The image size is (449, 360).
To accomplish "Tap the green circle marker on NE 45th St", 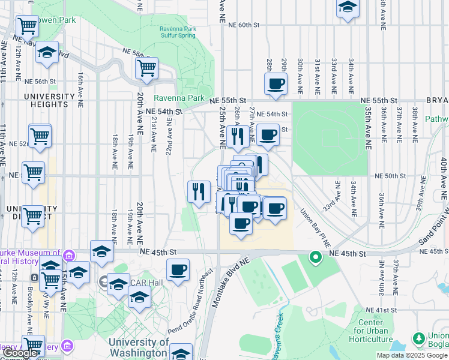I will [315, 258].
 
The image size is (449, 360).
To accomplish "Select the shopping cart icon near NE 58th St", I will [146, 68].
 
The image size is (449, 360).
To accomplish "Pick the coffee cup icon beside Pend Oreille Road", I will [178, 269].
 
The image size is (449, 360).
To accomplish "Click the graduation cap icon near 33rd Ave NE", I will [347, 8].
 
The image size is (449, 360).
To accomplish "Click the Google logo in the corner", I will [20, 353].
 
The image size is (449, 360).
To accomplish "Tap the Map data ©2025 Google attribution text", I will [412, 355].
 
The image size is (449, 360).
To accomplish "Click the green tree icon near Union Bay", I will [418, 340].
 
